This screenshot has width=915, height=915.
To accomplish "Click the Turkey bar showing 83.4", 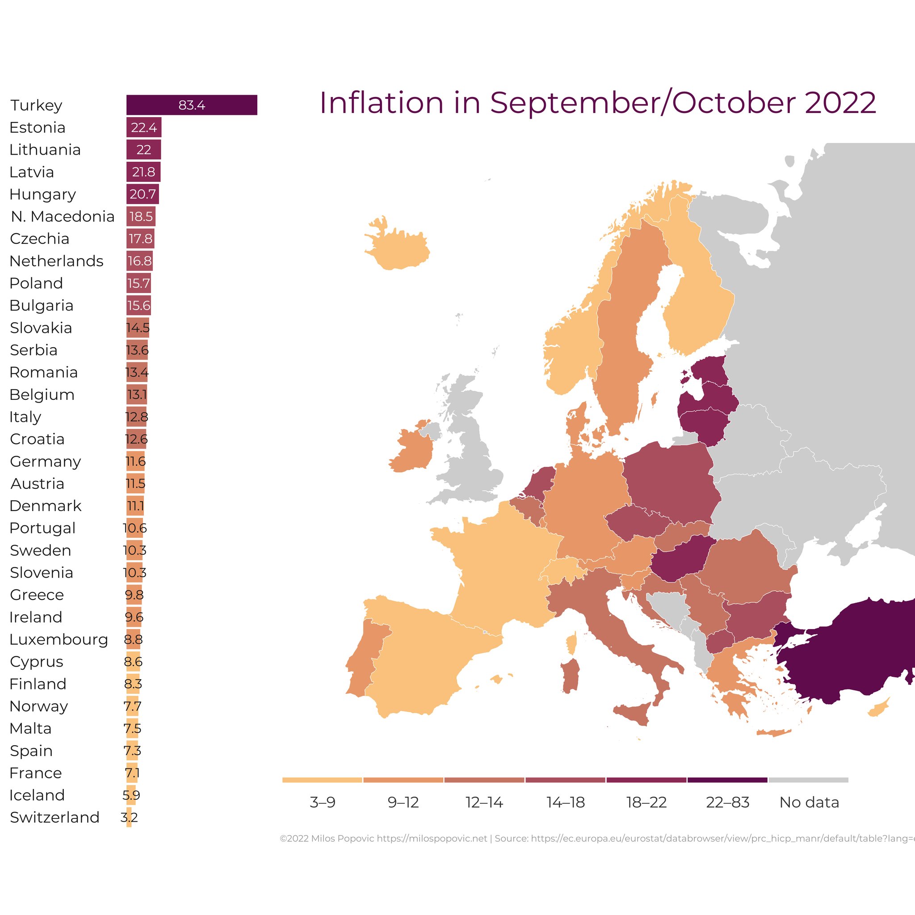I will pos(191,105).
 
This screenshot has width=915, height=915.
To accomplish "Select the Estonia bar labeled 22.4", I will pos(143,127).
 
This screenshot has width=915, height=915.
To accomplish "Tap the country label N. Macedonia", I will pos(63,216).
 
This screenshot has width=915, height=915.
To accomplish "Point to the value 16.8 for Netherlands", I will pos(140,261).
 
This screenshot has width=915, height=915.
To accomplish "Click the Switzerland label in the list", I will pos(55,818).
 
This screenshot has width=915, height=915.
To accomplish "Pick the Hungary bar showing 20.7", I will pos(143,194).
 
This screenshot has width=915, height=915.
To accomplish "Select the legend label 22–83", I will pos(727,802).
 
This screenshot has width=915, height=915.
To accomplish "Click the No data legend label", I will pos(809,802).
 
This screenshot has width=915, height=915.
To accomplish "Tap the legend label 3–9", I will pos(323,802).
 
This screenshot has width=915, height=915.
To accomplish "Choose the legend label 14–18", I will pos(566,802).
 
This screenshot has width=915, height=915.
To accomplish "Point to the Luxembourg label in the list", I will pos(59,639).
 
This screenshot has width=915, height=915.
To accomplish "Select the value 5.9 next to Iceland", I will pos(131,795).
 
